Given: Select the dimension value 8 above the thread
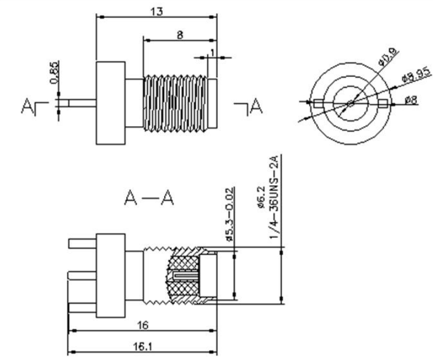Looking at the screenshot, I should pos(180,34).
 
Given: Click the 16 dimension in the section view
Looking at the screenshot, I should pos(143,325).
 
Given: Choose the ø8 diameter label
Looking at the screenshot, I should pos(410,100).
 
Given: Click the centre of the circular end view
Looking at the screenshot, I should pos(350,104).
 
